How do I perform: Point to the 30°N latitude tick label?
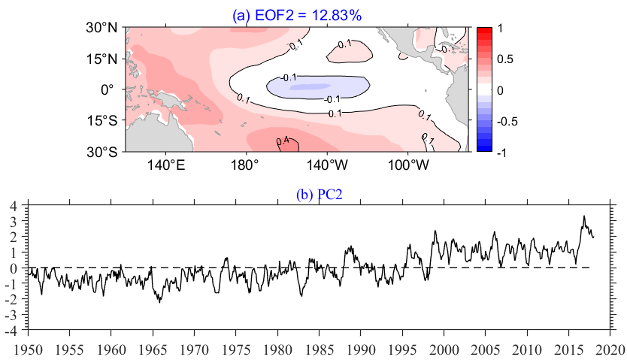click(x=101, y=28)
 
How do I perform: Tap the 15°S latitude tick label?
click(x=101, y=120)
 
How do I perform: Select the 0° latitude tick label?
click(x=108, y=89)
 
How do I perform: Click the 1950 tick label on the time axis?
click(x=28, y=349)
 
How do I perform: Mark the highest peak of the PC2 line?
click(x=583, y=216)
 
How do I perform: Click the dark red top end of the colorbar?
click(x=483, y=30)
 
